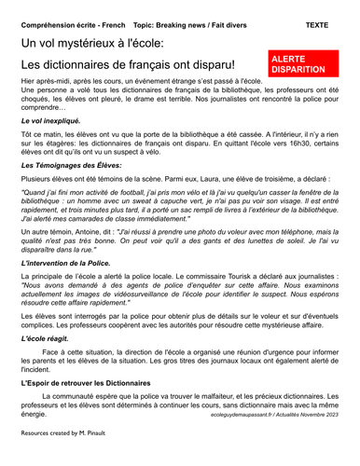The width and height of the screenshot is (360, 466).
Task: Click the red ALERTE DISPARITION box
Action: click(301, 63)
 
